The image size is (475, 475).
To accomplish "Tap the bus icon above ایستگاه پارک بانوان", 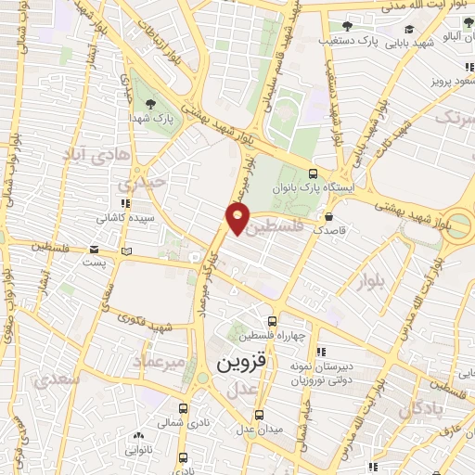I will click(312, 174).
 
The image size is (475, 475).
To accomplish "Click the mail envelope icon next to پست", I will click(95, 250).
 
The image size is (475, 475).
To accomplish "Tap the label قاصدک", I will click(331, 228).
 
